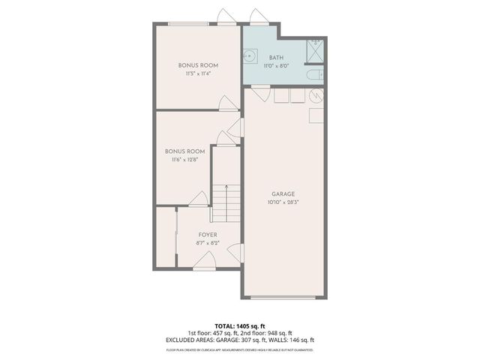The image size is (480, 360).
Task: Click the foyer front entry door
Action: pyautogui.click(x=204, y=263)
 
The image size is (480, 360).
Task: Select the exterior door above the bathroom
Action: pyautogui.click(x=258, y=18)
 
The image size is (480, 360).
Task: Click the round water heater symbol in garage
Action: pyautogui.click(x=316, y=97)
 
